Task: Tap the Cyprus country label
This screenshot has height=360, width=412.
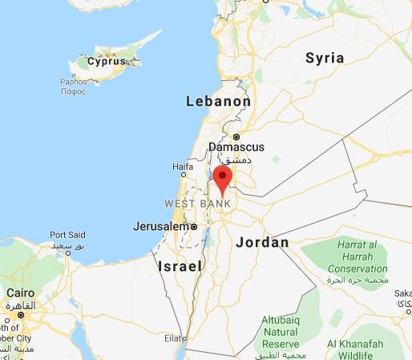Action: point(107,62)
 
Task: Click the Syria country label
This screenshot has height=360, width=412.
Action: point(325,58)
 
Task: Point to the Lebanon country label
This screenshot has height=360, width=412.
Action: point(218,102)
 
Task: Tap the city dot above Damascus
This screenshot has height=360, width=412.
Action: point(236,136)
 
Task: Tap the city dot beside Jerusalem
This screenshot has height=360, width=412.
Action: point(193,227)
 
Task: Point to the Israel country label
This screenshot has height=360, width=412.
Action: point(180,265)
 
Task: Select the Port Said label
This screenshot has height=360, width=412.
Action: point(67,235)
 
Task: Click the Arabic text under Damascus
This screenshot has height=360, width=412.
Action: point(235,159)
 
